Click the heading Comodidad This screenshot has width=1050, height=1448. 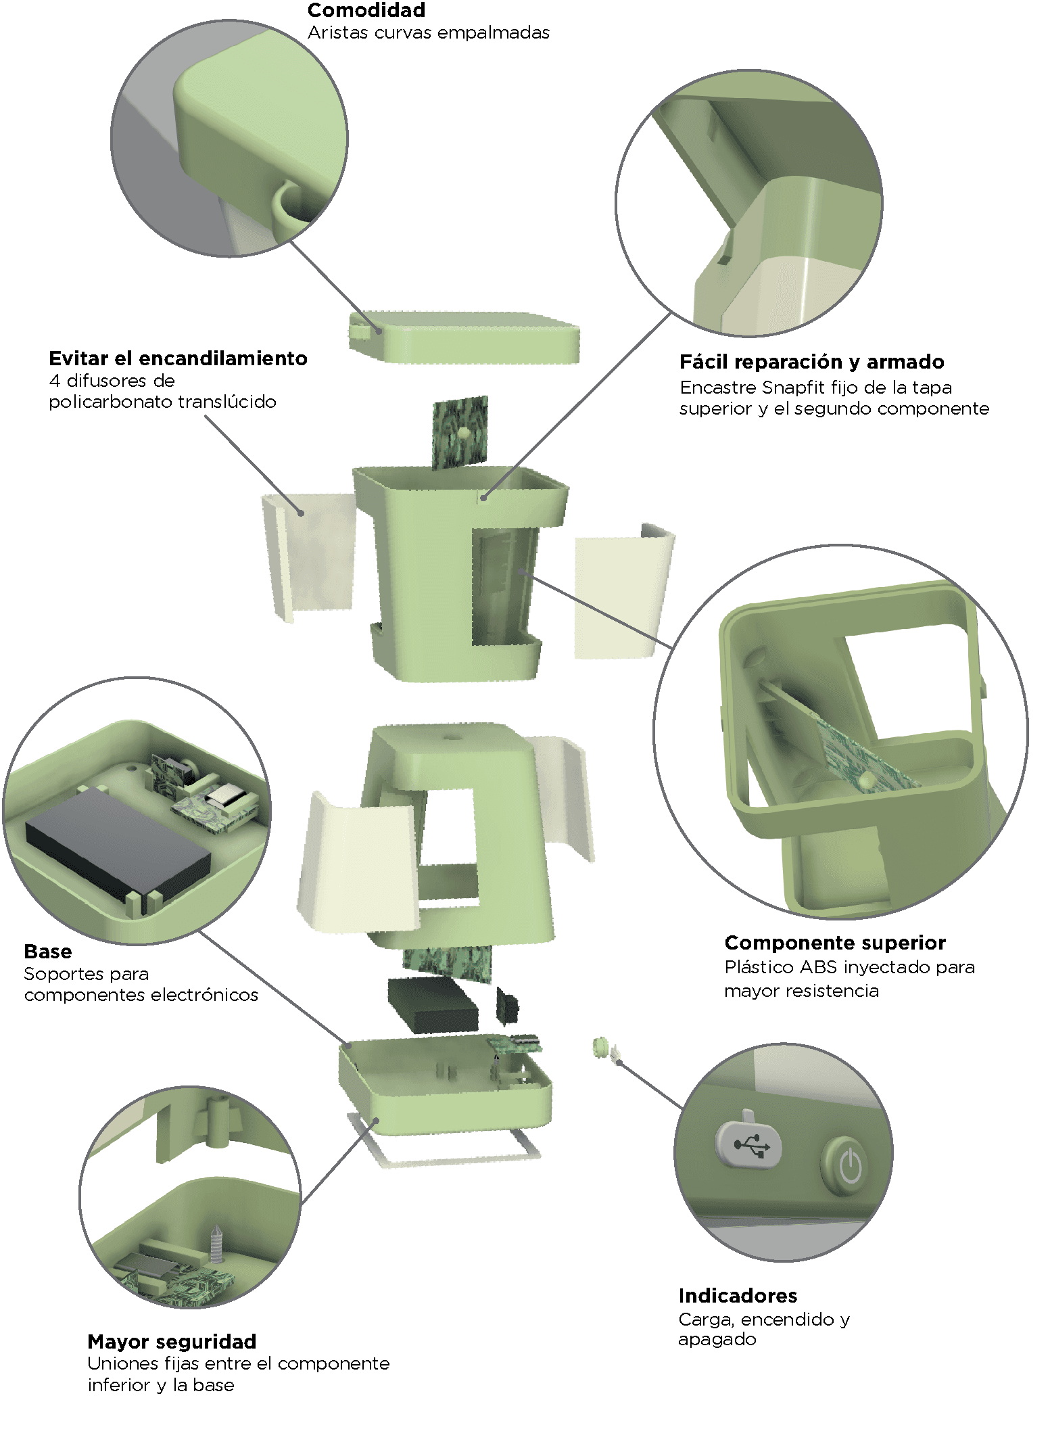tap(366, 10)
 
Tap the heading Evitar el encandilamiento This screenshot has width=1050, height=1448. tap(178, 358)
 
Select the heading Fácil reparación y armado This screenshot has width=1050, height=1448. tap(811, 362)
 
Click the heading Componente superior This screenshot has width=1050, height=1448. tap(835, 943)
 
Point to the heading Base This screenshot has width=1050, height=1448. tap(47, 952)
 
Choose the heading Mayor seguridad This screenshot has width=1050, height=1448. tap(172, 1341)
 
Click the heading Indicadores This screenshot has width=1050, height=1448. tap(738, 1295)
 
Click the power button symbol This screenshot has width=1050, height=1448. tap(850, 1166)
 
